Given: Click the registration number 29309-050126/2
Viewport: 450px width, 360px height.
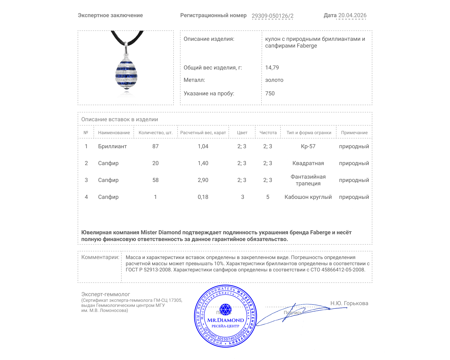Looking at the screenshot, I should coord(272,16).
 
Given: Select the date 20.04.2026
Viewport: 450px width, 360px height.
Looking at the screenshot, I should coord(352,15).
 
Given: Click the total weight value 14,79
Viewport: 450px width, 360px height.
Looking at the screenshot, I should coord(272,67).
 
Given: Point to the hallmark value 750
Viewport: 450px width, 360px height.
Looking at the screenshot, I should coord(270,93).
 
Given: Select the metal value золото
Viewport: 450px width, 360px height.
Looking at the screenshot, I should coord(274,80).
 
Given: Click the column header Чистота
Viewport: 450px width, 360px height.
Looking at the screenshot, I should coord(268,132).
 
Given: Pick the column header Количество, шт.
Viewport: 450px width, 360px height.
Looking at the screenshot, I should coord(155,132).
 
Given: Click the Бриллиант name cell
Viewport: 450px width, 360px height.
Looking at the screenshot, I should coord(112,146).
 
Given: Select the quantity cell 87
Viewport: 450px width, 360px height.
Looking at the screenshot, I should coord(155,146).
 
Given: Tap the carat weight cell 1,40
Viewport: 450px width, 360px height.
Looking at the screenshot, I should coord(203,163).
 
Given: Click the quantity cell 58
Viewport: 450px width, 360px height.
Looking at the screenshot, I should coord(155,180).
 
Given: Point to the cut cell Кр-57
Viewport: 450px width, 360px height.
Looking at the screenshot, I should coord(308,146).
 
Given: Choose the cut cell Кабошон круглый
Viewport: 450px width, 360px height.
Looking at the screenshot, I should coord(308,197).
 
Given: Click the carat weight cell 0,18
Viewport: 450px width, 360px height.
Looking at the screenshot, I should coord(203,197).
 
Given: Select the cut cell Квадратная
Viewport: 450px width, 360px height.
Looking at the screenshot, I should coord(308,163).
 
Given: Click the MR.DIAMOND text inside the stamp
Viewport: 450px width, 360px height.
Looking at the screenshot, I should coord(226,320).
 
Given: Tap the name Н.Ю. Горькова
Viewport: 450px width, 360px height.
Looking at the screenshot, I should coord(349,303).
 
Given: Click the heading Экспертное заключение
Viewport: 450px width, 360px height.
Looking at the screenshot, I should coord(110,15).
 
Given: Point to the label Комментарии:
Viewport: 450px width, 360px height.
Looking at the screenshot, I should coord(100,257).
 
